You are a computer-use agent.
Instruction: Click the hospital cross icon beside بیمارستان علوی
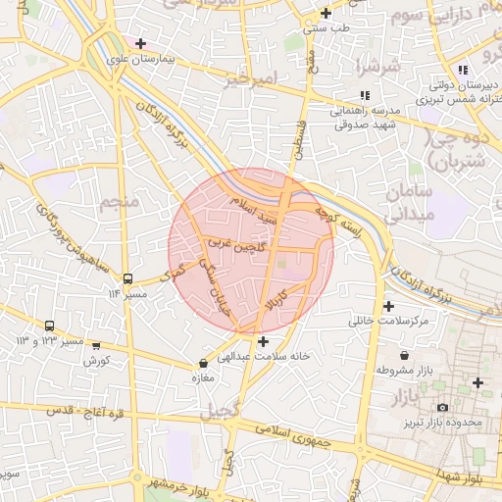click(141, 43)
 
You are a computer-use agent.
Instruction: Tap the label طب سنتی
click(326, 28)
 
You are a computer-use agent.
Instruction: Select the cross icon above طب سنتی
click(326, 14)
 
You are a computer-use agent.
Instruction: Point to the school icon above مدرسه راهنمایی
click(364, 95)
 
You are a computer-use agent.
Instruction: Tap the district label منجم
click(121, 203)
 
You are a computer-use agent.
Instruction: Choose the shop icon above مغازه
click(203, 363)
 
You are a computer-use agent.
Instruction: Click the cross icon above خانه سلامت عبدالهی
click(262, 341)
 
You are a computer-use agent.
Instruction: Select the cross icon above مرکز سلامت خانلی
click(388, 306)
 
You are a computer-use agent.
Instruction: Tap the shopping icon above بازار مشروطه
click(404, 355)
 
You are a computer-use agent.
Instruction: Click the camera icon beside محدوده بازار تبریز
click(441, 407)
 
